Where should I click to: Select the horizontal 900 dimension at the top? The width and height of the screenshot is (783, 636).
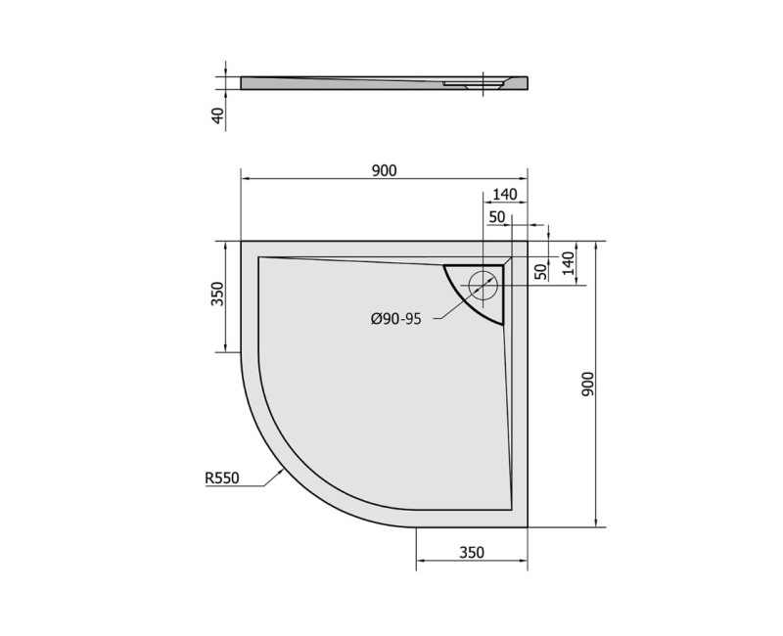[x=384, y=170]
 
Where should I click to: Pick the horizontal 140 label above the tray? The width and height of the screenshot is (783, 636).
[x=505, y=195]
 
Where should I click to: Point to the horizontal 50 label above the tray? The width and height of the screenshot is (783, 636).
[x=496, y=215]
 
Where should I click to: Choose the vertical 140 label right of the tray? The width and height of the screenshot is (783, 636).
[x=567, y=261]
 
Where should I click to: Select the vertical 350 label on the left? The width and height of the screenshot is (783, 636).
[x=218, y=295]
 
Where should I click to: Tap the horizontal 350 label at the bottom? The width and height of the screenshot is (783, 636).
[x=472, y=553]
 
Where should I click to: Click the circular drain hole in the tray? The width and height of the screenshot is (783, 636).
[x=483, y=286]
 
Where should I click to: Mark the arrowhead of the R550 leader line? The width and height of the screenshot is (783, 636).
[x=284, y=469]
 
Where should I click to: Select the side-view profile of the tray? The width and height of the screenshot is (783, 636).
[x=382, y=84]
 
